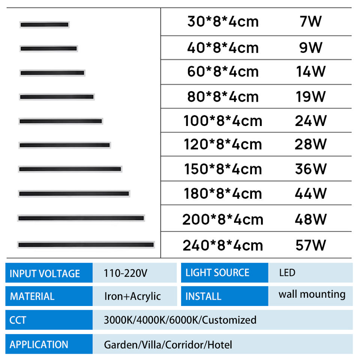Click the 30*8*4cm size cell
(x=223, y=22)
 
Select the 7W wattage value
(x=310, y=21)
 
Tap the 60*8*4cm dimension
(x=223, y=72)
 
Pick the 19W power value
(x=310, y=97)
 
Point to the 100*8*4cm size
(x=223, y=121)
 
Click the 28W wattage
(x=310, y=144)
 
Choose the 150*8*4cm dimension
(x=223, y=169)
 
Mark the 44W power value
(x=310, y=193)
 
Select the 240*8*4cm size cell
(x=223, y=246)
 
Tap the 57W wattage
(x=310, y=246)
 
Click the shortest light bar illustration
(x=44, y=25)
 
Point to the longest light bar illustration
(x=86, y=245)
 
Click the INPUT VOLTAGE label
(x=45, y=274)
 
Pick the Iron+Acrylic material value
(x=132, y=296)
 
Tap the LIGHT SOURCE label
(x=217, y=273)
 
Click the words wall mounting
(x=312, y=294)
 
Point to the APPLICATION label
(x=39, y=345)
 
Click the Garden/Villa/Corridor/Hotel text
(x=168, y=345)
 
